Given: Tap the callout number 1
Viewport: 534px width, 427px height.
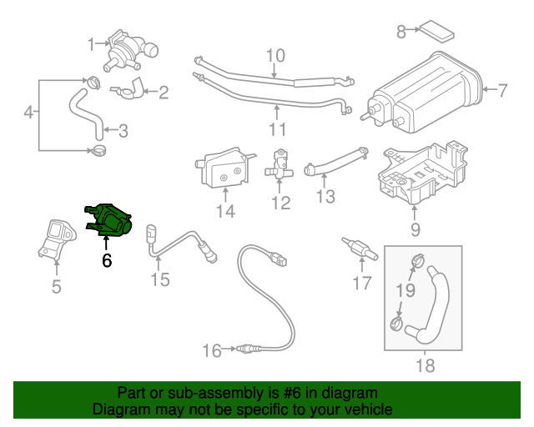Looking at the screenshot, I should click(x=91, y=43).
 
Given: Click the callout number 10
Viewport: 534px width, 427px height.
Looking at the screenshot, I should click(x=275, y=57).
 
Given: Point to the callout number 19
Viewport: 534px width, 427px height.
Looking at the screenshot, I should click(x=405, y=290).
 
